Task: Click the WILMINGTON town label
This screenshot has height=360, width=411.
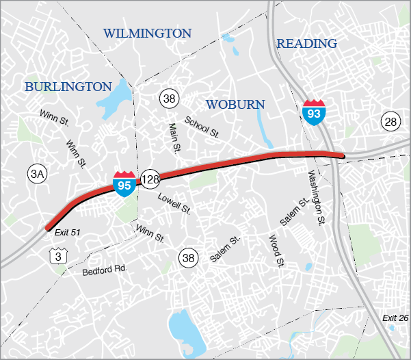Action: coord(147,33)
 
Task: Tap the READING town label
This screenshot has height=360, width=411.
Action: coord(307,44)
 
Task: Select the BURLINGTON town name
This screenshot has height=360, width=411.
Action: coord(68,86)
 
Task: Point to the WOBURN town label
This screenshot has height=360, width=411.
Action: coord(235,104)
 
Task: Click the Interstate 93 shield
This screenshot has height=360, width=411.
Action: coord(313,110)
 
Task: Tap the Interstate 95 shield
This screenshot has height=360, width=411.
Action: coord(124,183)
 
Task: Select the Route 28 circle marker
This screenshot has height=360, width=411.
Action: coord(390,123)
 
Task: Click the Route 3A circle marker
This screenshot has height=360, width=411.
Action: coord(37,175)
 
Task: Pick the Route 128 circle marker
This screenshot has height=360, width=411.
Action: coord(150,179)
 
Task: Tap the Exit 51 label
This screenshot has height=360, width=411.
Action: coord(66,233)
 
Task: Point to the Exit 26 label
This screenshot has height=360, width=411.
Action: coord(395,318)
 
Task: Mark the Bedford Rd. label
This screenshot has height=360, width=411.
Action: coord(105,270)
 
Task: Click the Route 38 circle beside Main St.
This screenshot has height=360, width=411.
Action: coord(169,99)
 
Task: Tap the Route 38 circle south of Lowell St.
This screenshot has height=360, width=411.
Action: coord(188,257)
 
